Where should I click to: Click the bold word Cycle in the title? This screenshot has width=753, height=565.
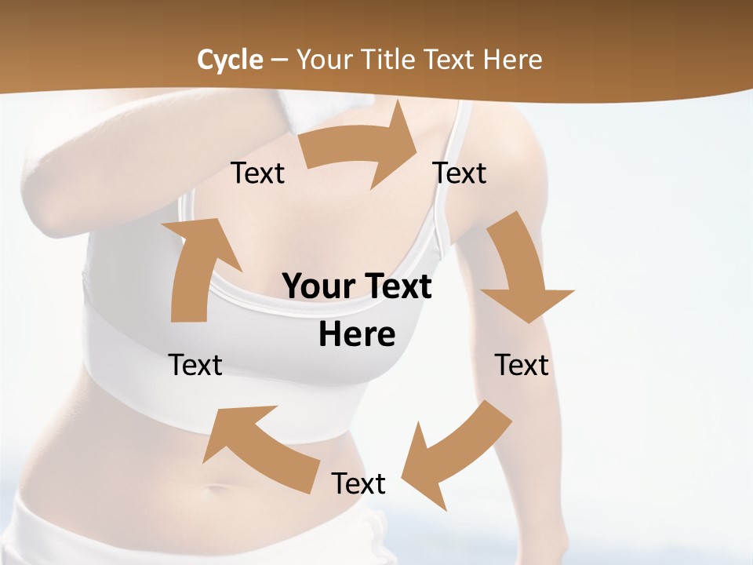pos(230,60)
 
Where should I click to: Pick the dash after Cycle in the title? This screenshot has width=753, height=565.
pos(279,60)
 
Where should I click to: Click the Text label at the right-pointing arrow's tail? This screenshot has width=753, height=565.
pos(257,173)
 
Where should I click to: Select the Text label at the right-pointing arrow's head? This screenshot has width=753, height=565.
pos(460,173)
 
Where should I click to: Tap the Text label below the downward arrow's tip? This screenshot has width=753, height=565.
pos(522,365)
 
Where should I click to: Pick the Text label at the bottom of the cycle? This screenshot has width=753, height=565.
pos(358,483)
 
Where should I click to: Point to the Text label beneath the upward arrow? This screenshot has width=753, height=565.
pos(195,365)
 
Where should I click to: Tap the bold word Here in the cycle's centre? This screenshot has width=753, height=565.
pos(357,334)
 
